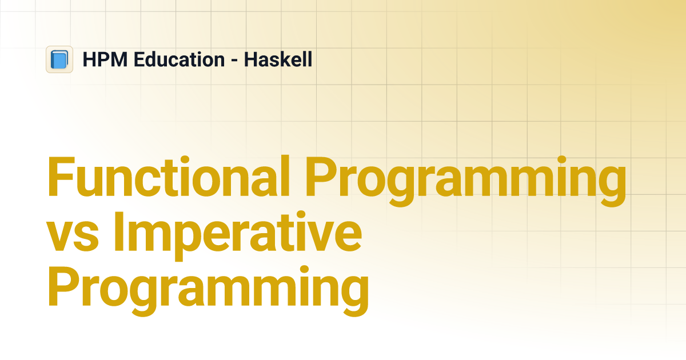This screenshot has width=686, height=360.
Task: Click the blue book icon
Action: coord(59,59)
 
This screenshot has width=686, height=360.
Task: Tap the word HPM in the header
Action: coord(105,59)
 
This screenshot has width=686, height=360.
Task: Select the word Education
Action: coord(180,59)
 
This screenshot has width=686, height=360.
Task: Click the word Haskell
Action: coord(278,59)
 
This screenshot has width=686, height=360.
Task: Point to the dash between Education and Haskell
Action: coord(234,61)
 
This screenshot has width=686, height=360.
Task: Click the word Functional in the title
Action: coord(168,176)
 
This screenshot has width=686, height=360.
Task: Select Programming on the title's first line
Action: coord(466,181)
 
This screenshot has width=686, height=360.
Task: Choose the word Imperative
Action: coord(238,236)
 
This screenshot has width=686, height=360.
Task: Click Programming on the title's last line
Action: coord(208,291)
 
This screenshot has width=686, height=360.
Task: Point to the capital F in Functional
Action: coord(62,176)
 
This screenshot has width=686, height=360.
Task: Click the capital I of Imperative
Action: coord(118,231)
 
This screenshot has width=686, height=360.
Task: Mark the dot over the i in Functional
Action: coord(185,159)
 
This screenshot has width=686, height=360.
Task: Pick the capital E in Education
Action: coord(139,59)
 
